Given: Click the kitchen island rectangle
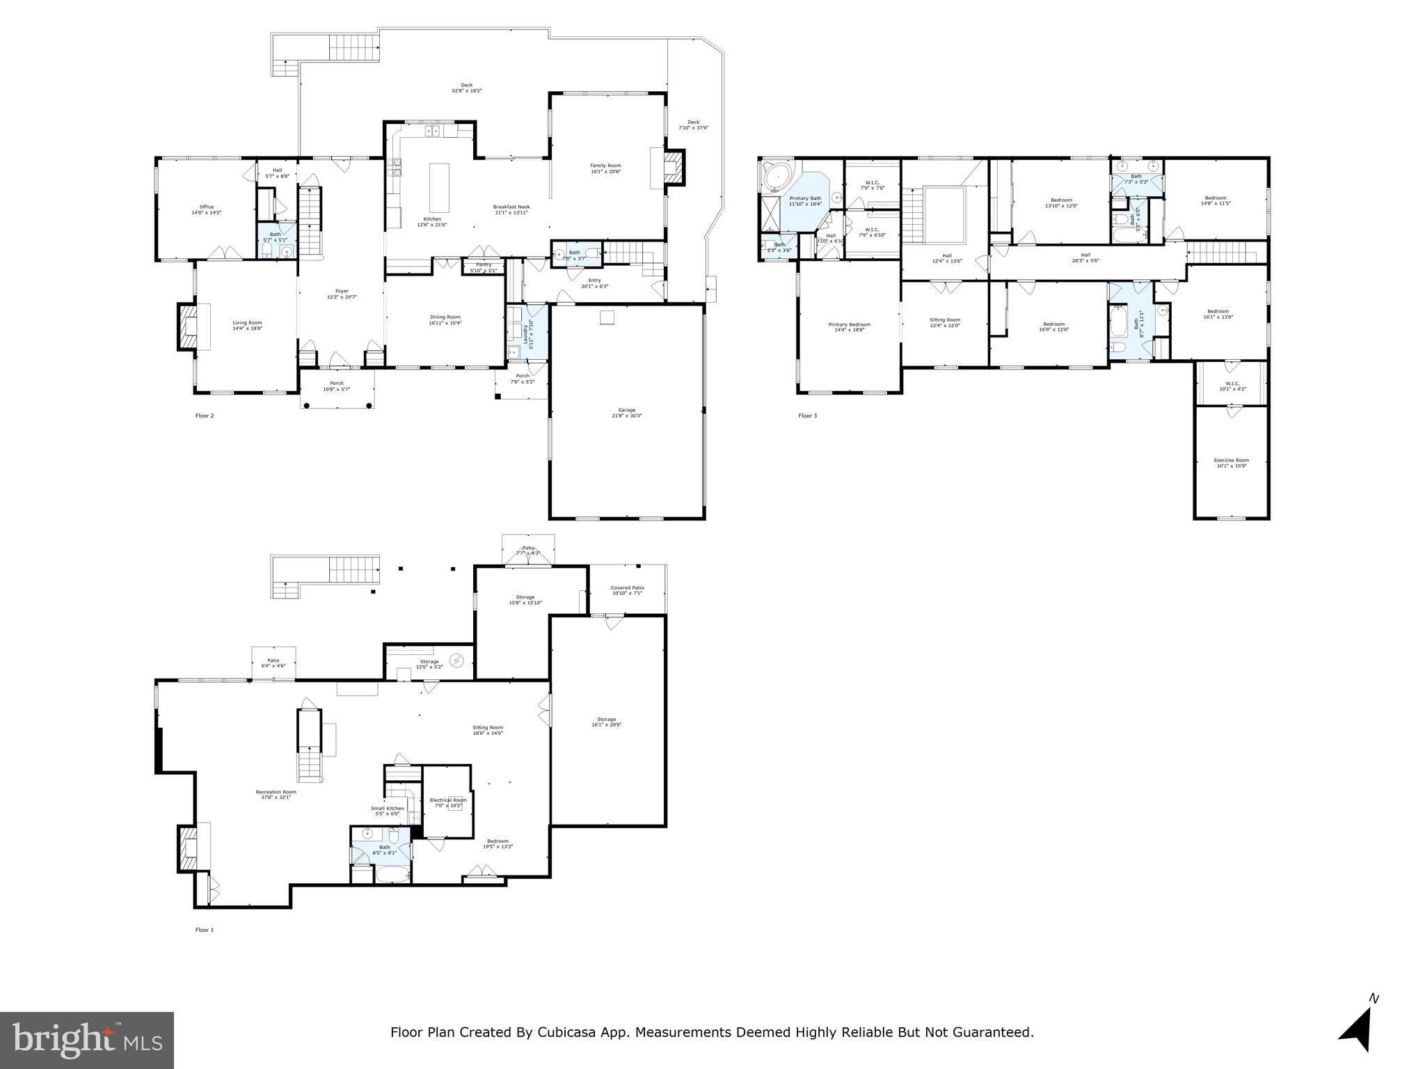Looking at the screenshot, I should [x=439, y=187].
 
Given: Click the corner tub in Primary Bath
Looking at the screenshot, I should [x=774, y=178].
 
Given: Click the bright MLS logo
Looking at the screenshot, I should [x=86, y=1040].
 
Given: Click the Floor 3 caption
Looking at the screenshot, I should [x=807, y=416].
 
